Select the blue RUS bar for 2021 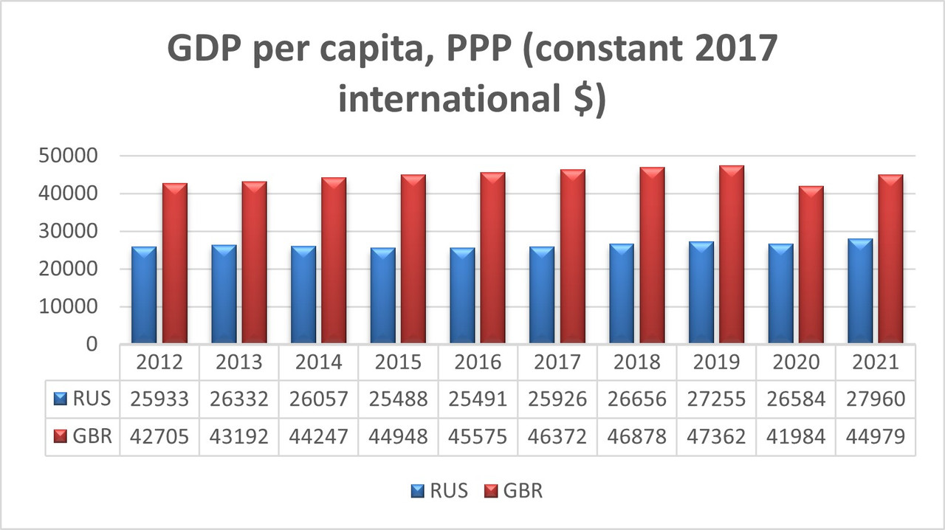click(859, 291)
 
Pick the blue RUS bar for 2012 click(144, 295)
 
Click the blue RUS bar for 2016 click(462, 295)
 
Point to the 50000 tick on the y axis click(66, 156)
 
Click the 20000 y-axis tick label click(66, 269)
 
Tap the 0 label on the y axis click(92, 345)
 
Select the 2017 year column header click(558, 362)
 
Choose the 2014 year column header click(319, 362)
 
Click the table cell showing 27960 click(876, 399)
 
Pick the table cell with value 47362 click(718, 436)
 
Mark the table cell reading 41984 click(797, 436)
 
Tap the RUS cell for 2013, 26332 click(240, 399)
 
